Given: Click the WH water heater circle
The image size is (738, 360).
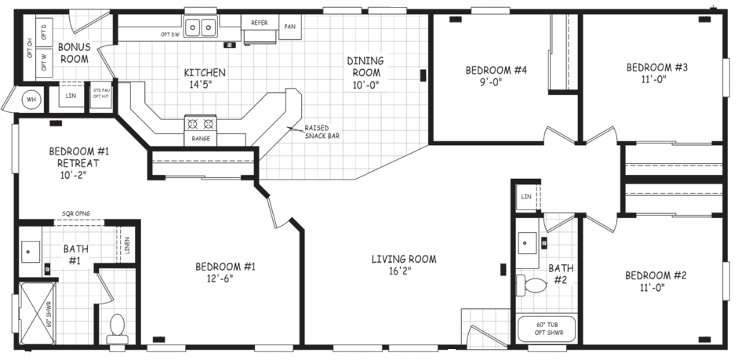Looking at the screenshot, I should pyautogui.click(x=32, y=100).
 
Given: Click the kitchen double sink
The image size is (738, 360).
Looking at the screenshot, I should pyautogui.click(x=200, y=28).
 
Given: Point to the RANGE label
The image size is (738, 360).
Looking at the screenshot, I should pyautogui.click(x=198, y=139).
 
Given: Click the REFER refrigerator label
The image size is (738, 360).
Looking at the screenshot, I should pyautogui.click(x=260, y=23).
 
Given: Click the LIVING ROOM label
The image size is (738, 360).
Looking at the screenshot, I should pyautogui.click(x=404, y=264).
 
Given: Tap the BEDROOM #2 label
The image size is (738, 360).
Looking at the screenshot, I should pyautogui.click(x=656, y=281).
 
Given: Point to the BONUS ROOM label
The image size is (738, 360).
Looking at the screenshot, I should pyautogui.click(x=75, y=53).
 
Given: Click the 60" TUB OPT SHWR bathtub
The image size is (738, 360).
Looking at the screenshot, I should pyautogui.click(x=547, y=328).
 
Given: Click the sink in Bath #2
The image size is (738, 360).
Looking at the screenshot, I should pyautogui.click(x=528, y=240).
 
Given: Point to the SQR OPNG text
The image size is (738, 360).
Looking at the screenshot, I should pyautogui.click(x=78, y=213).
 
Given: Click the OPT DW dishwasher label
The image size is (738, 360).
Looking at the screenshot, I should pyautogui.click(x=171, y=35).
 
